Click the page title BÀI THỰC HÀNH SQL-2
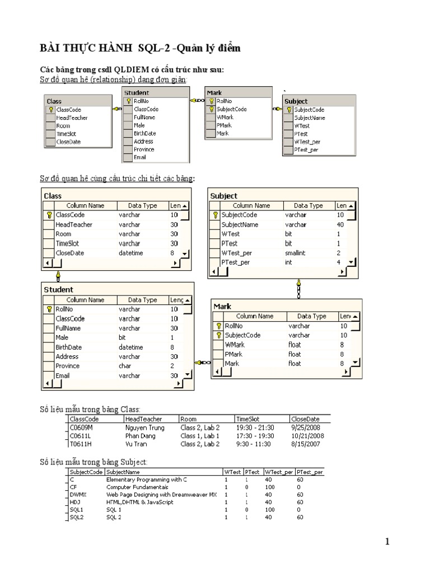[x=140, y=49]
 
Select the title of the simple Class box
[x=54, y=101]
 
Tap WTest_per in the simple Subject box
[x=307, y=142]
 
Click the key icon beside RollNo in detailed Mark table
[x=218, y=326]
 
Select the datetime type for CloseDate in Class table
[x=131, y=253]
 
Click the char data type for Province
[x=124, y=366]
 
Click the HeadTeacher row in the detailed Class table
[x=74, y=224]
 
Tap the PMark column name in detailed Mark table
[x=234, y=354]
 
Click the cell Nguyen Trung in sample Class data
[x=145, y=428]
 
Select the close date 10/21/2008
[x=307, y=436]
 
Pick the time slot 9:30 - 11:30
[x=253, y=444]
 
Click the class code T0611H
[x=81, y=444]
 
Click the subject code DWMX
[x=77, y=495]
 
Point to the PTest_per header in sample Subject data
[x=310, y=472]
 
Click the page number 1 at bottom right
[x=386, y=541]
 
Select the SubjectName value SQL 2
[x=114, y=517]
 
